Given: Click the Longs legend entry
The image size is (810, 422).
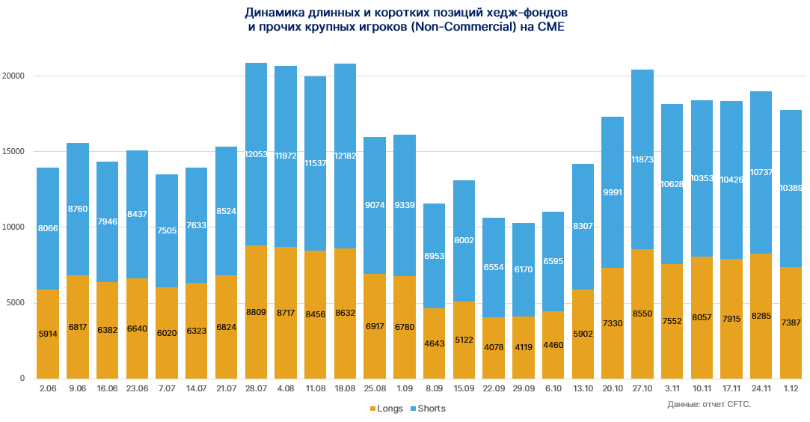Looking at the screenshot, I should (x=386, y=409).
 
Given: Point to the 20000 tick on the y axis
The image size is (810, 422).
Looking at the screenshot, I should (x=13, y=76).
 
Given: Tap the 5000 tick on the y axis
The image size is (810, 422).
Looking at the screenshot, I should (x=16, y=303).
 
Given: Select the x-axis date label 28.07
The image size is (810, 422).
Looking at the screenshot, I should (x=256, y=389).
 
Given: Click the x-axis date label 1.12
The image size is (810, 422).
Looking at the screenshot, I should (x=791, y=389).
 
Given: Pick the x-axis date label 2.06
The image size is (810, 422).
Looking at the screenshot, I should (x=48, y=389).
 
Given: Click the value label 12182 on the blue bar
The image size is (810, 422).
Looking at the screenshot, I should (x=345, y=155).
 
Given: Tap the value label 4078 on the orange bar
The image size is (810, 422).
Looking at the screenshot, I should (x=494, y=347).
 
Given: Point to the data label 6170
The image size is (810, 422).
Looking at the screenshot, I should (x=524, y=269).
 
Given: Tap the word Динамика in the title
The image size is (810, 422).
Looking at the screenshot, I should (x=272, y=13).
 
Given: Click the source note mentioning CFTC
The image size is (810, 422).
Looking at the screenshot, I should (x=709, y=404).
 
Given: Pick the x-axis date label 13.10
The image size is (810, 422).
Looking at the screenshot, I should (x=583, y=389).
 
